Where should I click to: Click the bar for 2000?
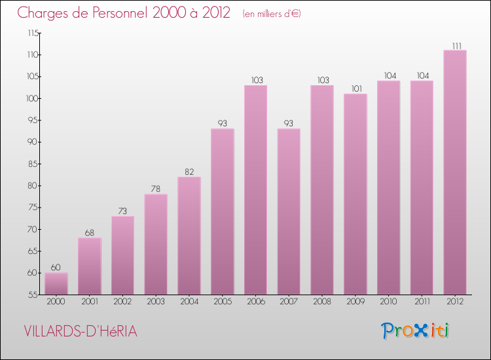pyautogui.click(x=56, y=283)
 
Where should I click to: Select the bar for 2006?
pyautogui.click(x=255, y=190)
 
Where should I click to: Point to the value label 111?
pyautogui.click(x=455, y=46)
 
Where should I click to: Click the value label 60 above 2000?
pyautogui.click(x=56, y=268)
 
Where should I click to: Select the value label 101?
pyautogui.click(x=355, y=89)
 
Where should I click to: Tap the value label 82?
pyautogui.click(x=189, y=171)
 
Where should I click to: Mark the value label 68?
pyautogui.click(x=90, y=233)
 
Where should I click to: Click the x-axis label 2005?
pyautogui.click(x=223, y=302)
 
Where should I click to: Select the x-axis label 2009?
pyautogui.click(x=355, y=302)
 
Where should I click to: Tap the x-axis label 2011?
pyautogui.click(x=422, y=302)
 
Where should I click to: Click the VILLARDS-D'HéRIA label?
pyautogui.click(x=80, y=331)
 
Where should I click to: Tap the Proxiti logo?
pyautogui.click(x=415, y=331)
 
